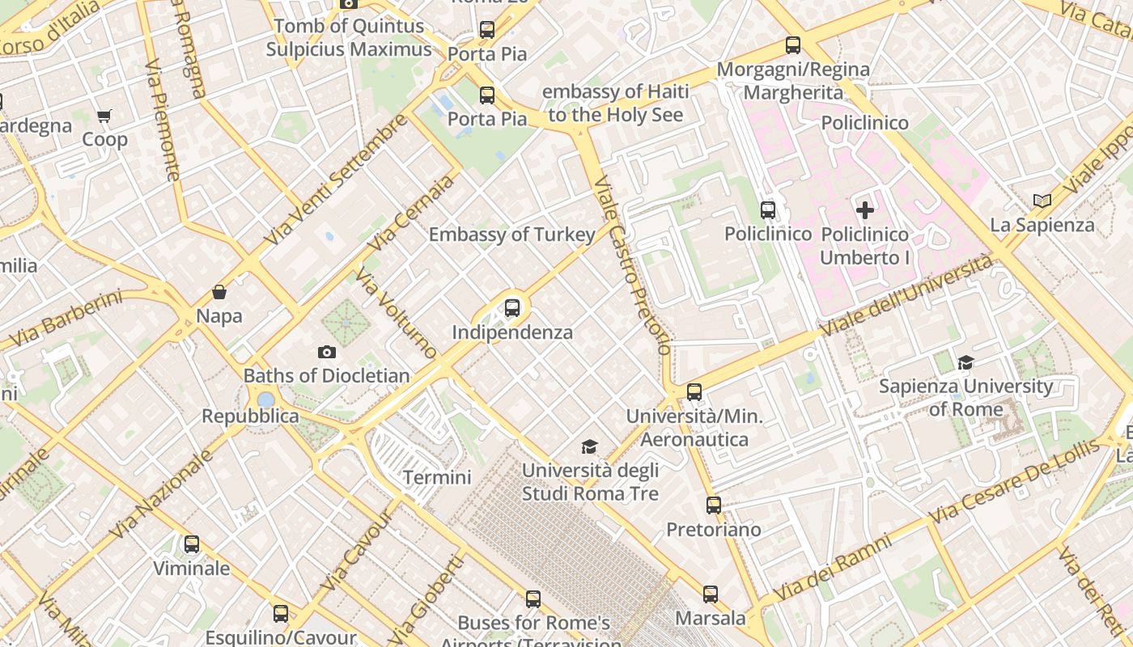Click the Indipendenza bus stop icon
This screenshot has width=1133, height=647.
tap(511, 307)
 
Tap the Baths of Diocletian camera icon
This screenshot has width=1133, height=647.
tap(327, 352)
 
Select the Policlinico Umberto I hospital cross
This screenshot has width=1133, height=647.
tap(865, 210)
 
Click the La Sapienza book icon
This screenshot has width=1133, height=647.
tap(1042, 201)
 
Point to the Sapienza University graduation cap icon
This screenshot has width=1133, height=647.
tap(965, 362)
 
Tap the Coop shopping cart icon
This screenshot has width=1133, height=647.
tap(104, 116)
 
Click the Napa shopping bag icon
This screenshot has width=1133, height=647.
tap(219, 292)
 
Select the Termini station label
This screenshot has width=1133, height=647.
tap(437, 477)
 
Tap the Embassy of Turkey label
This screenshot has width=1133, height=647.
tap(511, 235)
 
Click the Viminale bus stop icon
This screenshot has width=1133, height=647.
tap(192, 544)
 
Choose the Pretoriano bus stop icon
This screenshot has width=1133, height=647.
tap(713, 505)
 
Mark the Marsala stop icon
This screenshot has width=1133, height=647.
tap(710, 594)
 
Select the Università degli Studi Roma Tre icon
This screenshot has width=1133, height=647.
tap(590, 446)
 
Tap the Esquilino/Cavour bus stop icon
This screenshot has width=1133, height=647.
tap(280, 614)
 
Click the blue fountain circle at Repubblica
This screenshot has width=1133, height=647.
tap(265, 400)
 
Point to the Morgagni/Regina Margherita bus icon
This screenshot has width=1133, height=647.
tap(793, 45)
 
